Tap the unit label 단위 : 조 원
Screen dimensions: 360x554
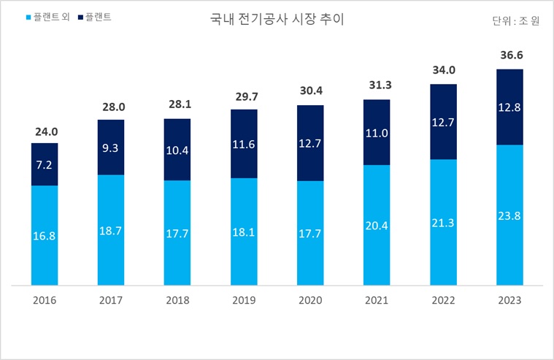pyautogui.click(x=515, y=21)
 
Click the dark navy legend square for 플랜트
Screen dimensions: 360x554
pyautogui.click(x=78, y=15)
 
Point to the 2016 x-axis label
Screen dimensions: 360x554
pyautogui.click(x=45, y=300)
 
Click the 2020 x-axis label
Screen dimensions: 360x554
pyautogui.click(x=310, y=300)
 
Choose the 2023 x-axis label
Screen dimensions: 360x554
pyautogui.click(x=509, y=300)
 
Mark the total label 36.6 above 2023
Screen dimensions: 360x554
pyautogui.click(x=509, y=54)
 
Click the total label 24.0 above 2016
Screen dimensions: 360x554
pyautogui.click(x=45, y=131)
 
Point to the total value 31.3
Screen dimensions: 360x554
pyautogui.click(x=377, y=85)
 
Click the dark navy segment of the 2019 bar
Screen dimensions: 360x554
pyautogui.click(x=244, y=157)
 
